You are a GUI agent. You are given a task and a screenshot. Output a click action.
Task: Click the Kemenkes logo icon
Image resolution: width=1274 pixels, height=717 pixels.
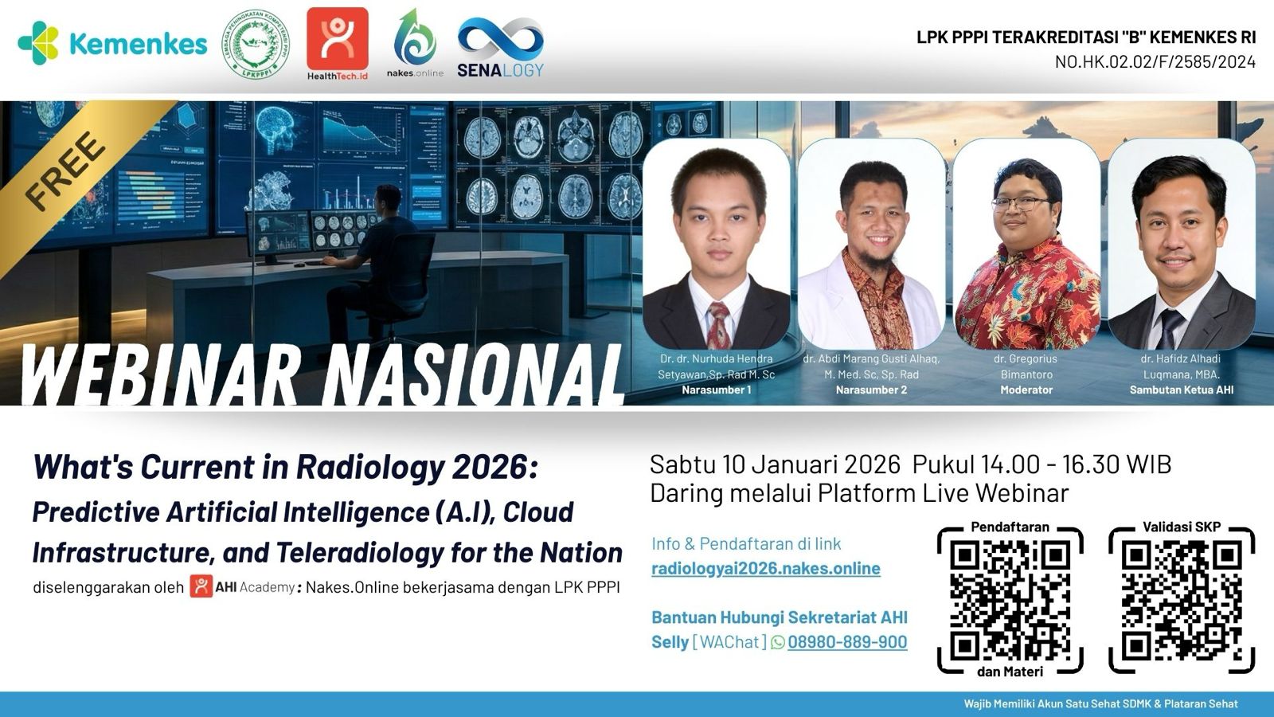(x=38, y=43)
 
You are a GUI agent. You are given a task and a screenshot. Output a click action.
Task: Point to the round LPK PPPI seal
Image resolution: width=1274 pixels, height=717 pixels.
(x=255, y=44)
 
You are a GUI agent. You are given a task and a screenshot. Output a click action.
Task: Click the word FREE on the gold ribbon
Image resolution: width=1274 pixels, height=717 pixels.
(x=65, y=171)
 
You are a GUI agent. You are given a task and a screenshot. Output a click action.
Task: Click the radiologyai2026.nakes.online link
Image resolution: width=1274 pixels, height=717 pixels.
(x=765, y=568)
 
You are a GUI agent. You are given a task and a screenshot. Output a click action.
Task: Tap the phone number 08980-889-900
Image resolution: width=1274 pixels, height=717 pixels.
(x=847, y=642)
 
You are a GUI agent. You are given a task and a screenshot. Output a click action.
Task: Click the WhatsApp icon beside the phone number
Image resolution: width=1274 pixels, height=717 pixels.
(x=778, y=642)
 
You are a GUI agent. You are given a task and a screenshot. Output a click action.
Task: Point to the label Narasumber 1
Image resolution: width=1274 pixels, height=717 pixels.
(x=716, y=390)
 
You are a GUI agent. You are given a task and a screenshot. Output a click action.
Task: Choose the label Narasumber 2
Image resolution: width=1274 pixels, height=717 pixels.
(x=871, y=390)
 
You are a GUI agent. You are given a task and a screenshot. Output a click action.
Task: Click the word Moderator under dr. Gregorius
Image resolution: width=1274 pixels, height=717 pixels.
(x=1026, y=390)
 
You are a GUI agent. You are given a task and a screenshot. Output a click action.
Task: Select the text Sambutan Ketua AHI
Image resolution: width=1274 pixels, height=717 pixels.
(x=1181, y=390)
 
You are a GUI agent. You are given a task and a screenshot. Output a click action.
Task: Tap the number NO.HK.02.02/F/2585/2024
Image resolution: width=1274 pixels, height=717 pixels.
(x=1155, y=61)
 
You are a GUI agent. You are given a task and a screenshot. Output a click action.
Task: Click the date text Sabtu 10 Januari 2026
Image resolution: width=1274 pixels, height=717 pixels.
(x=775, y=464)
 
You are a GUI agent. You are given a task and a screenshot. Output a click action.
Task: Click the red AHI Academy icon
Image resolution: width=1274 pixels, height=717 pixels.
(x=201, y=587)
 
